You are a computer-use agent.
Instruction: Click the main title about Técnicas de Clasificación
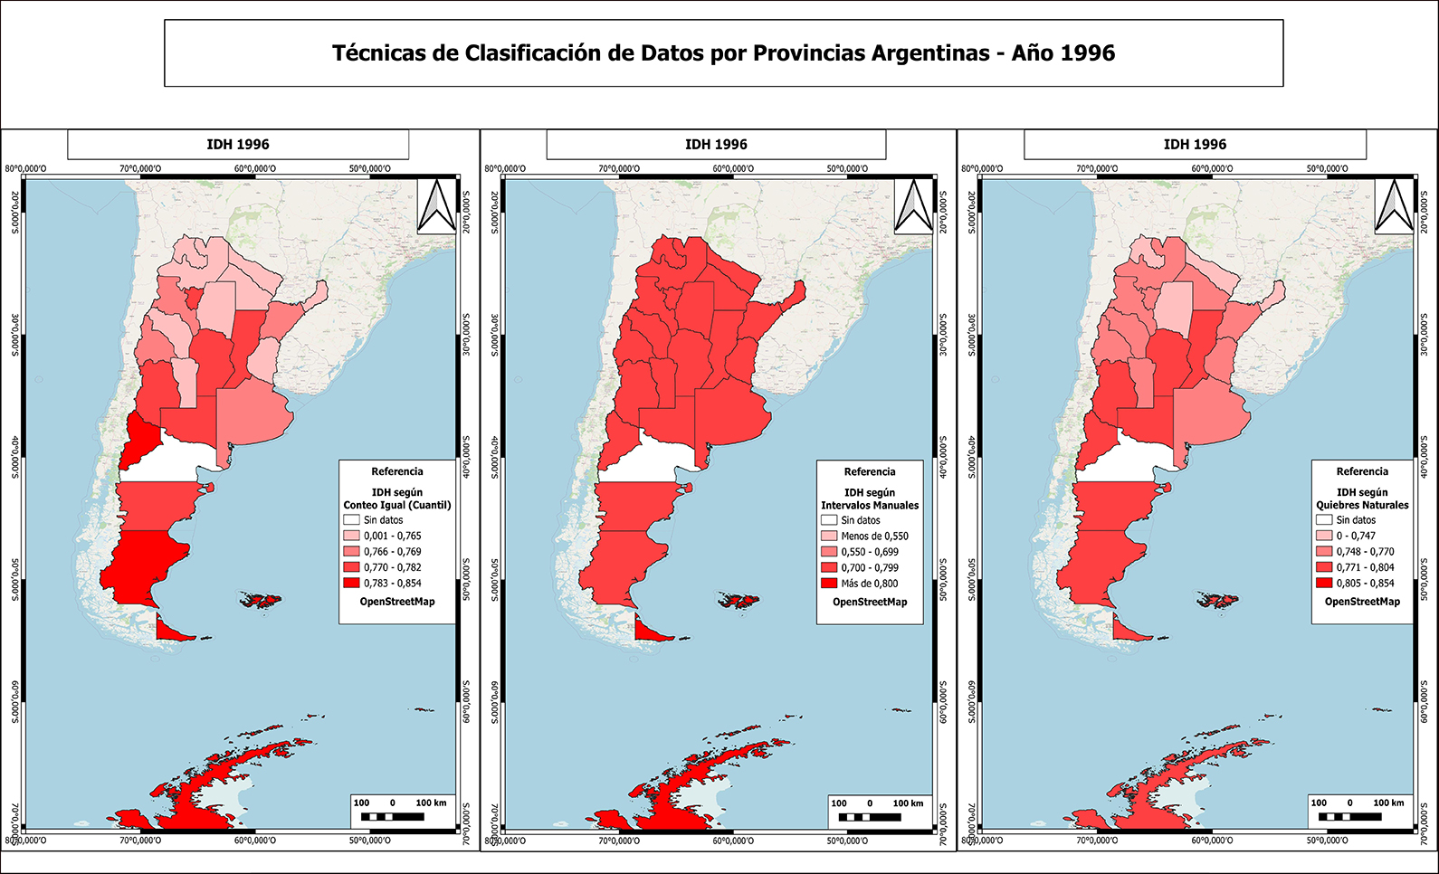pyautogui.click(x=723, y=53)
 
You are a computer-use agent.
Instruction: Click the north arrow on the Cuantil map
pyautogui.click(x=436, y=206)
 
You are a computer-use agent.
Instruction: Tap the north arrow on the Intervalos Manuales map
pyautogui.click(x=913, y=206)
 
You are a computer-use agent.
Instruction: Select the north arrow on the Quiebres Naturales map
pyautogui.click(x=1394, y=206)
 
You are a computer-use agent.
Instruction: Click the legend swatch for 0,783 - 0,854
pyautogui.click(x=351, y=584)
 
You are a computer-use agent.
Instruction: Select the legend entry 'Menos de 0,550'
pyautogui.click(x=873, y=536)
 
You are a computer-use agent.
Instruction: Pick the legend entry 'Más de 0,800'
pyautogui.click(x=869, y=584)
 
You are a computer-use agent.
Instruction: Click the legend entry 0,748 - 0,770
pyautogui.click(x=1365, y=552)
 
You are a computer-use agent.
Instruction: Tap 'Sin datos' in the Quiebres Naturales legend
pyautogui.click(x=1355, y=520)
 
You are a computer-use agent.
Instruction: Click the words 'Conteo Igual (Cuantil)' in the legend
pyautogui.click(x=397, y=505)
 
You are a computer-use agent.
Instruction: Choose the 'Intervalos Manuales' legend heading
pyautogui.click(x=870, y=505)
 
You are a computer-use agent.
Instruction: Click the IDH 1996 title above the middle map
pyautogui.click(x=716, y=145)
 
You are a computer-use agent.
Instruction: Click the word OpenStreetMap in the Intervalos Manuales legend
pyautogui.click(x=870, y=602)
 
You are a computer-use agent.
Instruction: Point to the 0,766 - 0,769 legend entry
pyautogui.click(x=392, y=552)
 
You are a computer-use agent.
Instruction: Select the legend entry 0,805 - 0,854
pyautogui.click(x=1365, y=584)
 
